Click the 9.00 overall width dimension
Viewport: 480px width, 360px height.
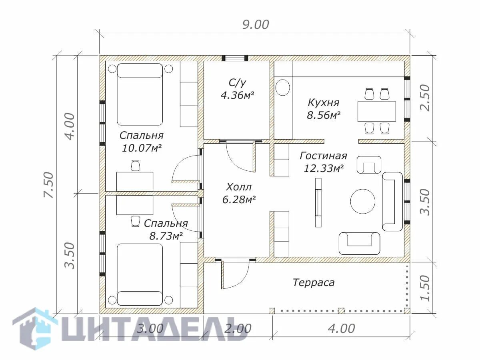tap(256, 24)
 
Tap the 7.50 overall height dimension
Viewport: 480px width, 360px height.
tap(48, 185)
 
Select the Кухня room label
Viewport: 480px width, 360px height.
tap(324, 103)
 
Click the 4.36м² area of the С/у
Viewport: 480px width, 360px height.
tap(237, 95)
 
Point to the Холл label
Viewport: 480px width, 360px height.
tap(239, 187)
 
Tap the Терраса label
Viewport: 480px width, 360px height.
tap(314, 283)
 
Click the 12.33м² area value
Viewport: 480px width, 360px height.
tap(323, 168)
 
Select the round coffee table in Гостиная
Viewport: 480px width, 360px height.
tap(363, 202)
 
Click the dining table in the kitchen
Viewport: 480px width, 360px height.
tap(377, 112)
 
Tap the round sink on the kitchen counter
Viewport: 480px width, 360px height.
tap(283, 88)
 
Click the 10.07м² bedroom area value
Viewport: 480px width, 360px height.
tap(142, 148)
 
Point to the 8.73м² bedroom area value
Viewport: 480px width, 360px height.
tap(166, 236)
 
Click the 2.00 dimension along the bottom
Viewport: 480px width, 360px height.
tap(238, 328)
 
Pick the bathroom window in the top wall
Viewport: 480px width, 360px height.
tap(235, 58)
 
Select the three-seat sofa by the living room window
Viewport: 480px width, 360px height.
tap(392, 202)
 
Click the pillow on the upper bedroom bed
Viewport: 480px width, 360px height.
tap(140, 71)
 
